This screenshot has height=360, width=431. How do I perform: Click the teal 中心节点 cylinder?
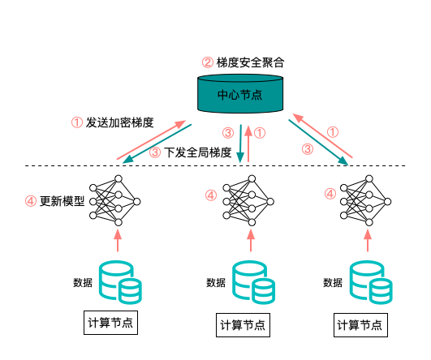[x=240, y=93]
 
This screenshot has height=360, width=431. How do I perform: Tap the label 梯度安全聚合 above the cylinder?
[x=250, y=62]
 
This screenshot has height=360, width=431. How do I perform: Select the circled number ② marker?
[x=208, y=62]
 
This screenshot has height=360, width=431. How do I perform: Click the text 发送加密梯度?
[x=119, y=122]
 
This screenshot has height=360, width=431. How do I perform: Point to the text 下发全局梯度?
[x=198, y=152]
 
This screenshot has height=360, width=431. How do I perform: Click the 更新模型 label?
[x=62, y=201]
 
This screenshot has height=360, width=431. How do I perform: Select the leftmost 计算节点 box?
[x=110, y=323]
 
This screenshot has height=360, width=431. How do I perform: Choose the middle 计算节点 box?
[x=243, y=325]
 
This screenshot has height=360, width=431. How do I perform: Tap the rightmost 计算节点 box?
[x=360, y=325]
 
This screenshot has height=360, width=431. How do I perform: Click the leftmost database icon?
[x=120, y=282]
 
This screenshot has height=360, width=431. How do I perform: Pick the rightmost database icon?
[x=371, y=282]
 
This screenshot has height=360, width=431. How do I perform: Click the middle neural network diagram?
[x=248, y=201]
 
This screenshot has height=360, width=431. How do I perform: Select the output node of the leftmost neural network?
[x=136, y=202]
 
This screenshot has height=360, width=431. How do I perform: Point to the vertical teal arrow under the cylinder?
[x=240, y=144]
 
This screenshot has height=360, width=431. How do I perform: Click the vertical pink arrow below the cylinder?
[x=248, y=144]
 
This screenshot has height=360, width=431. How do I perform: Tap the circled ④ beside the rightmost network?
[x=330, y=194]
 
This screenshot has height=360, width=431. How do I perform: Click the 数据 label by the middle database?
[x=216, y=282]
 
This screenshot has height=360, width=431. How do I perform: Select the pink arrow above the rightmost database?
[x=368, y=240]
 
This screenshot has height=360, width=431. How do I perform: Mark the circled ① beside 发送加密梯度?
[x=76, y=122]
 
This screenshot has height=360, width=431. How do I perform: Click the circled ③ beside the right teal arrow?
[x=308, y=149]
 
